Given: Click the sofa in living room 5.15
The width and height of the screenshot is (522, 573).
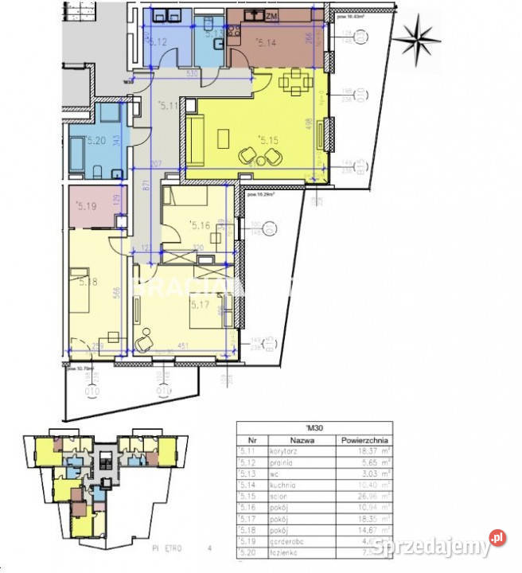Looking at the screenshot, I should (x=197, y=136).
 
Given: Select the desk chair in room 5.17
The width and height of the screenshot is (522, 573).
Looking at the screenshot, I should (x=144, y=343).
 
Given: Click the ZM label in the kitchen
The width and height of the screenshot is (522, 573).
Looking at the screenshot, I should (x=271, y=16).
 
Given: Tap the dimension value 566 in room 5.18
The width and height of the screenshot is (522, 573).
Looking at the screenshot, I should (x=116, y=291).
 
